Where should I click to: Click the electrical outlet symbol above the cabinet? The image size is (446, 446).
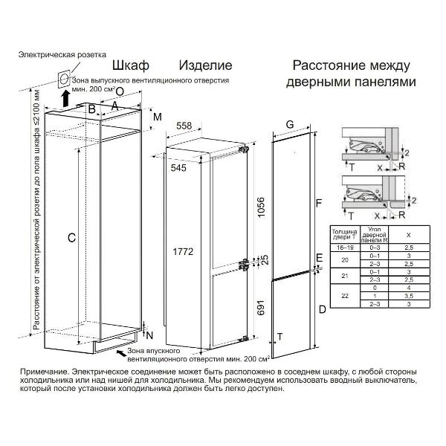click(65, 80)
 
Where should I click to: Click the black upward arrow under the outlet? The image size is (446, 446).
click(65, 98)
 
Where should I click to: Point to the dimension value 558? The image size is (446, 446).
click(184, 126)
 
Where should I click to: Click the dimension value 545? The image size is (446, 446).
click(178, 168)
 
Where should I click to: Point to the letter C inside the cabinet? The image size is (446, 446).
click(71, 238)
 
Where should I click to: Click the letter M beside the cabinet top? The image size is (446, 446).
click(157, 117)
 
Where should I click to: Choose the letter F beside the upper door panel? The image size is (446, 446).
click(317, 202)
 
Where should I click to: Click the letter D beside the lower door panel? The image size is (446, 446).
click(321, 308)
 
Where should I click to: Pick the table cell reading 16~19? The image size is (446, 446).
click(341, 247)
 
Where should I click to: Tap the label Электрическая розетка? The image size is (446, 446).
click(62, 54)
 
